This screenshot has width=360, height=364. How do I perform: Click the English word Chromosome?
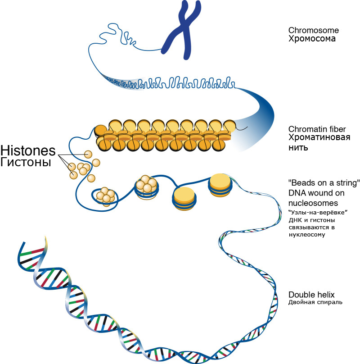pyautogui.click(x=314, y=31)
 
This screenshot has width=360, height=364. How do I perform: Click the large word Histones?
pyautogui.click(x=28, y=150)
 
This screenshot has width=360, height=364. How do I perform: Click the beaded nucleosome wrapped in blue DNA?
pyautogui.click(x=146, y=187)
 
